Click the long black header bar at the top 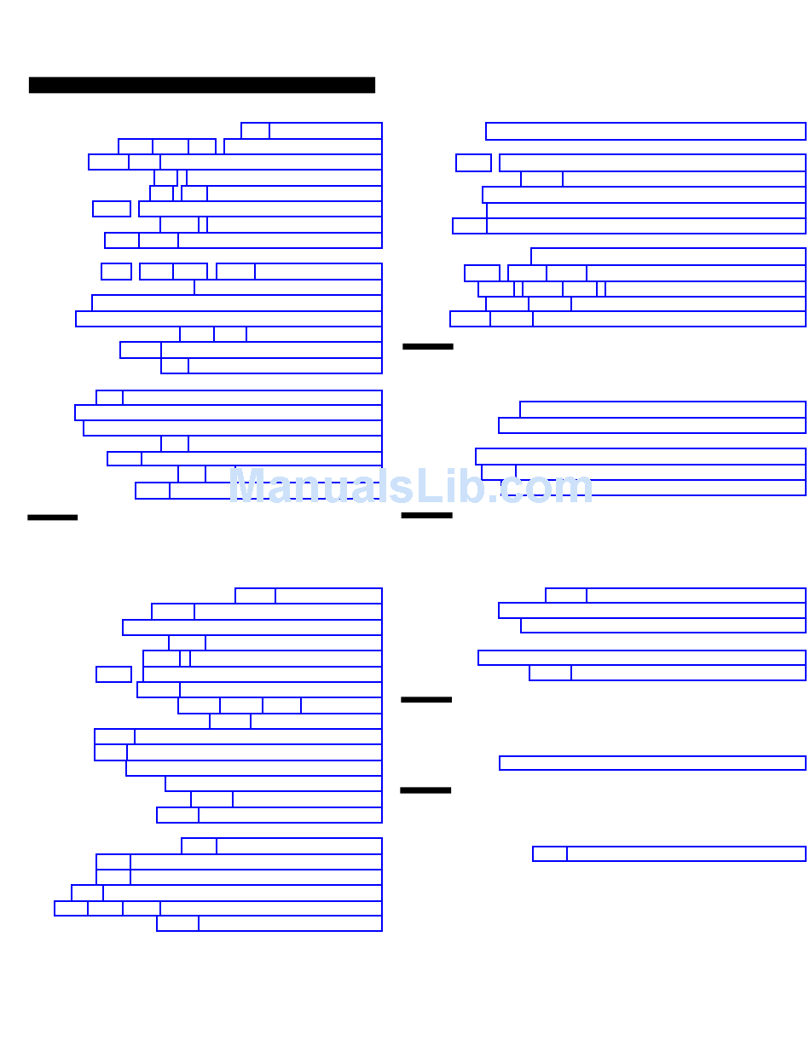pyautogui.click(x=202, y=85)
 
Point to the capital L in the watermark pyautogui.click(x=430, y=487)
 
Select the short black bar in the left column pyautogui.click(x=52, y=518)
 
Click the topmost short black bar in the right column pyautogui.click(x=428, y=346)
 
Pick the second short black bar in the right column pyautogui.click(x=426, y=516)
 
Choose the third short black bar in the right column pyautogui.click(x=426, y=700)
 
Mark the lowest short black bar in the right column pyautogui.click(x=425, y=790)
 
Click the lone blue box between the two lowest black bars pyautogui.click(x=652, y=763)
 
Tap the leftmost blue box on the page pyautogui.click(x=71, y=909)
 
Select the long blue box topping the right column pyautogui.click(x=645, y=131)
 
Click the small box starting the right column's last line pyautogui.click(x=550, y=853)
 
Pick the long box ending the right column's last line pyautogui.click(x=686, y=853)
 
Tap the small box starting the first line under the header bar pyautogui.click(x=255, y=130)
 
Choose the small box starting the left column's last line pyautogui.click(x=177, y=923)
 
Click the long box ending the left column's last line pyautogui.click(x=290, y=923)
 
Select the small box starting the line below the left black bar pyautogui.click(x=255, y=596)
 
